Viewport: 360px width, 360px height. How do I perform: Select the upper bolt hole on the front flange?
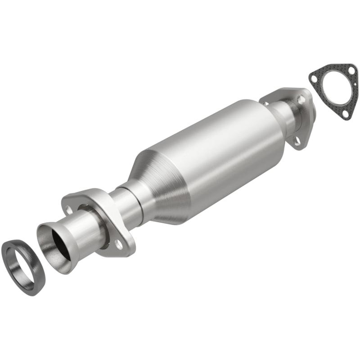click(x=68, y=209)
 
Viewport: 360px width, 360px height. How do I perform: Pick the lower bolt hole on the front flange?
click(x=118, y=243)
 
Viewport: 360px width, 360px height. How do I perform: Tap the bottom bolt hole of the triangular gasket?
click(x=345, y=114)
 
